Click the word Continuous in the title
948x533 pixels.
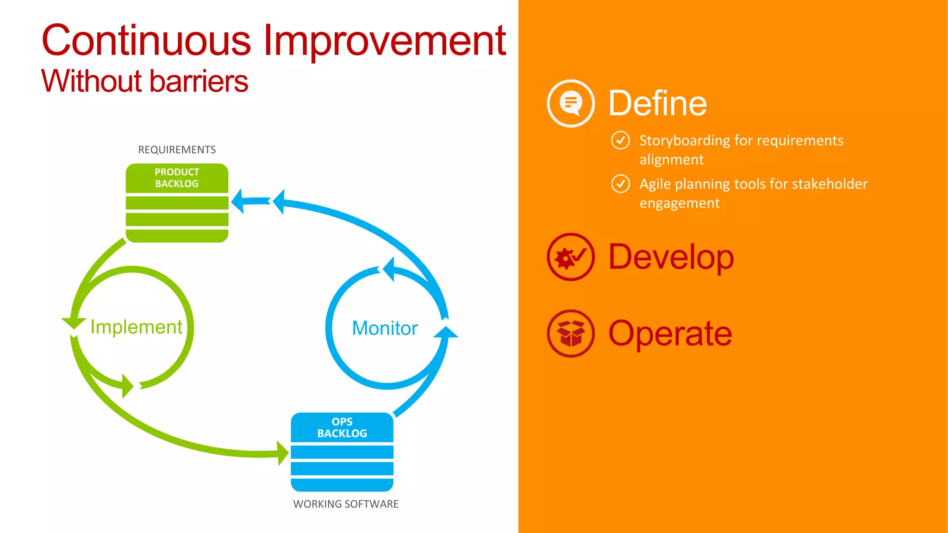tap(146, 41)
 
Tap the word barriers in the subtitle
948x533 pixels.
tap(199, 81)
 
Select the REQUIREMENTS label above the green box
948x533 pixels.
tap(177, 149)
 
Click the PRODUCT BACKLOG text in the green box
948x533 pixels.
tap(177, 178)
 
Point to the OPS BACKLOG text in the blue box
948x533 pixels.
tap(342, 428)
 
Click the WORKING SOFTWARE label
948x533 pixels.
tap(346, 504)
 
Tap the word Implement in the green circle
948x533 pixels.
tap(136, 327)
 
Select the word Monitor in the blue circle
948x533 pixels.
tap(385, 328)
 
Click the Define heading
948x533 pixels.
tap(657, 103)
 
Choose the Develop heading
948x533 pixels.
tap(671, 257)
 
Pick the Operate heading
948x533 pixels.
tap(670, 333)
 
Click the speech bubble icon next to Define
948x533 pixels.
tap(571, 103)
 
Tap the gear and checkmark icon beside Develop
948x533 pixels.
tap(571, 257)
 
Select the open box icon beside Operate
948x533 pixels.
tap(571, 333)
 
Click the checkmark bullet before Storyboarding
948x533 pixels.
tap(620, 140)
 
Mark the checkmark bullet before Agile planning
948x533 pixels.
tap(620, 184)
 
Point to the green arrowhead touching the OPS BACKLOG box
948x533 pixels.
tap(283, 453)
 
